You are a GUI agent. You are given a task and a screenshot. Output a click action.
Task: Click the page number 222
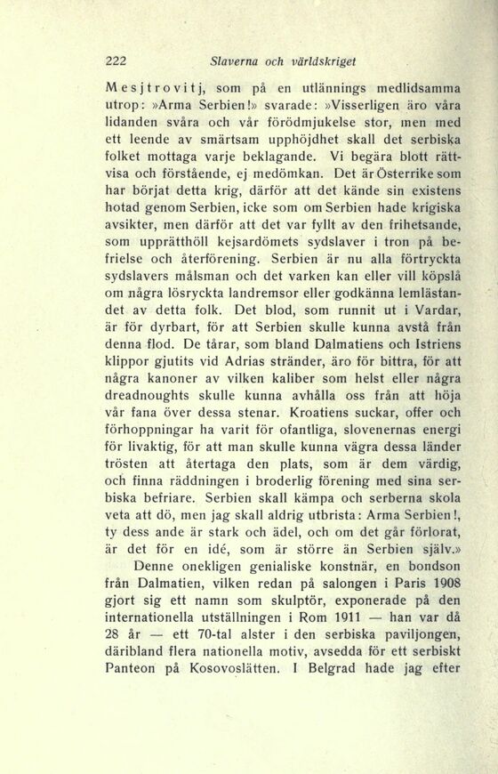tap(116, 61)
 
